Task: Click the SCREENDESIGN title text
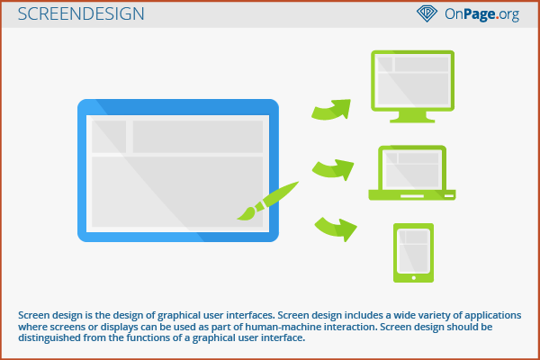coord(80,14)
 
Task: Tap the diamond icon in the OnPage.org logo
coord(426,14)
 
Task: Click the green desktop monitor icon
coord(413,85)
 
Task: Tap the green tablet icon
coord(414,253)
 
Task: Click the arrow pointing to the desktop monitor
coord(331,109)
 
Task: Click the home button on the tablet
coord(414,277)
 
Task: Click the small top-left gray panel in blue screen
coord(108,136)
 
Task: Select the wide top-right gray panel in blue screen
coord(198,136)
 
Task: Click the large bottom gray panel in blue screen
coord(175,193)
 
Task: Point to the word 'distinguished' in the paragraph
coord(58,338)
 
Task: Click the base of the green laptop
coord(413,193)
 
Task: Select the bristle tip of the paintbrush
coord(244,213)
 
